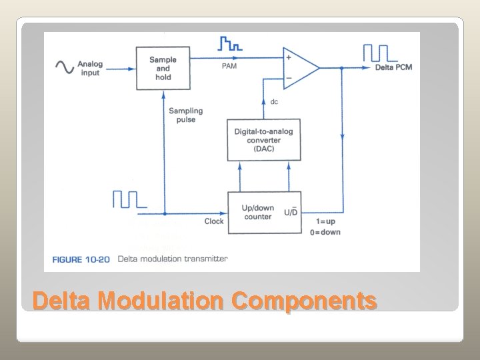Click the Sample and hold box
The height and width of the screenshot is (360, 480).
coord(163,68)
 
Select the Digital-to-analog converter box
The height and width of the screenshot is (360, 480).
coord(263,140)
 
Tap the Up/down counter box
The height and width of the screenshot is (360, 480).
coord(263,212)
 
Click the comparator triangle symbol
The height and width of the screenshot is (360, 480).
coord(300,68)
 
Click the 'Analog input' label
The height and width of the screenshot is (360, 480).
coord(90,68)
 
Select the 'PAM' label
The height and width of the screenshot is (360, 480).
coord(229,66)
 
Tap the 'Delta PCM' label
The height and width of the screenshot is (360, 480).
coord(393,68)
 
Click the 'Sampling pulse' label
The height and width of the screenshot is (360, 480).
coord(185,115)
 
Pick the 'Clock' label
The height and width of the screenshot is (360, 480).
coord(214,221)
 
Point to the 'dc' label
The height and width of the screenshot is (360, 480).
coord(274,102)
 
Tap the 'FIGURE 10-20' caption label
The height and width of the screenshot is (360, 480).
coord(81,259)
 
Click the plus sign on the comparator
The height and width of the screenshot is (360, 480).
coord(288,58)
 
